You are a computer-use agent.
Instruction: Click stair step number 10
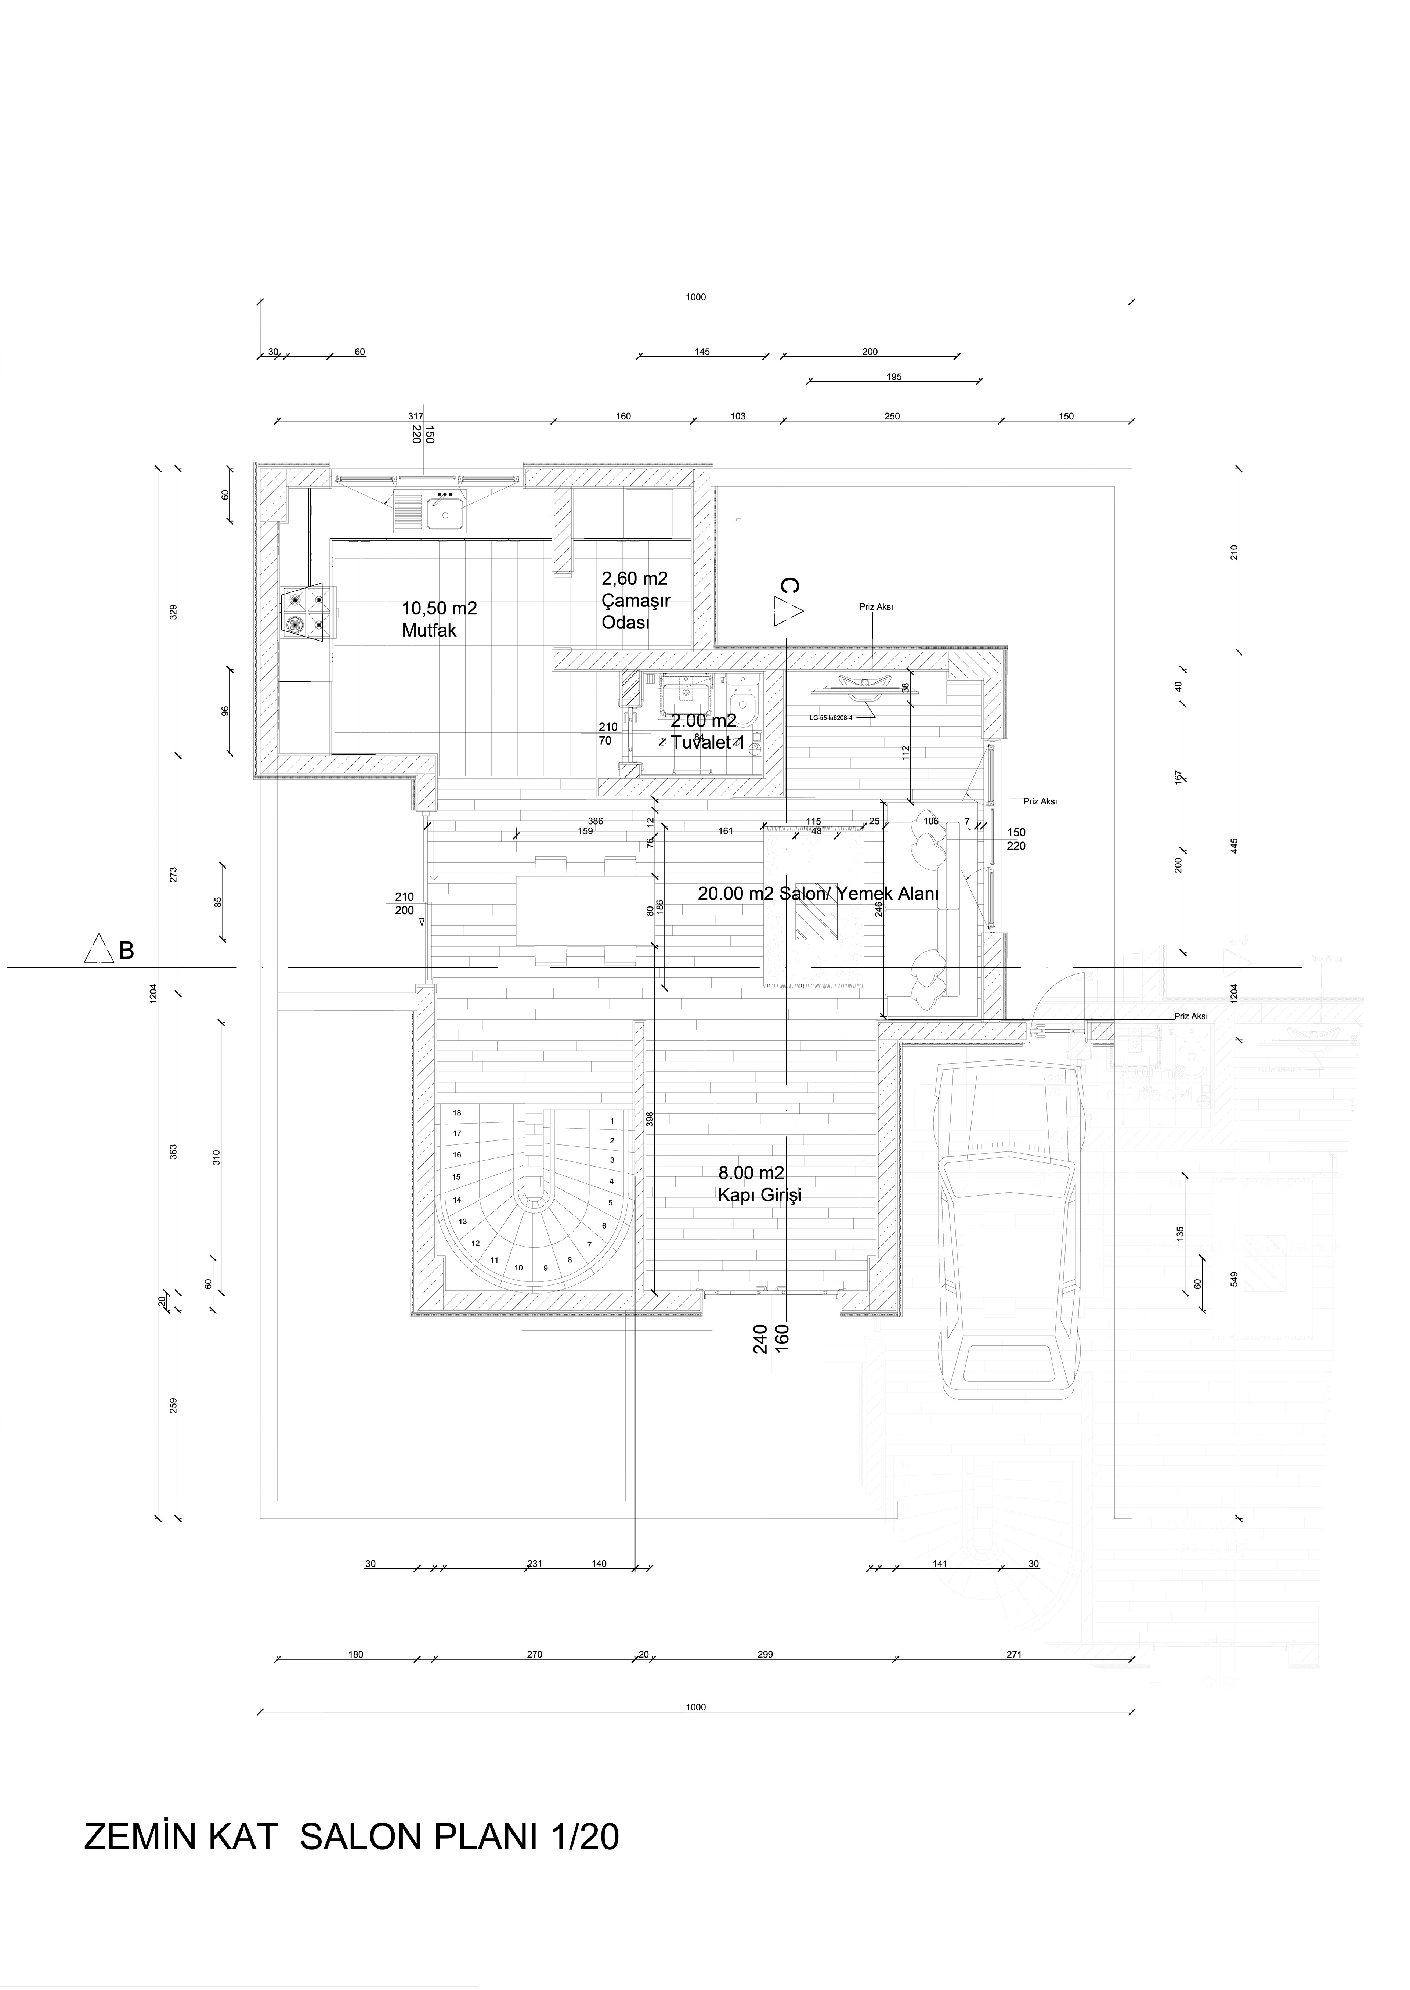(518, 1268)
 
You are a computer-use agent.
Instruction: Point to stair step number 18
(457, 1113)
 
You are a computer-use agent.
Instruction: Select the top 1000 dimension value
(695, 297)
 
